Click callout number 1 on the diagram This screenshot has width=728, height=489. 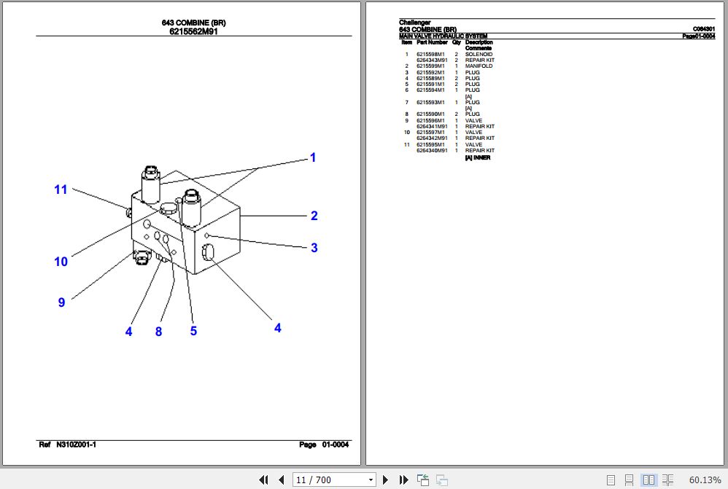tap(313, 157)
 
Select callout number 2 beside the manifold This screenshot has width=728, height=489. tap(314, 215)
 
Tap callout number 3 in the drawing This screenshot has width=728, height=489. tap(314, 248)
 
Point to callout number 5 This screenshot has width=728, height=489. tap(193, 331)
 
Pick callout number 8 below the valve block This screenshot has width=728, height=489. tap(158, 332)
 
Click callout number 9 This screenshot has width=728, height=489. tap(61, 302)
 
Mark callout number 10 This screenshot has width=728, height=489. tap(61, 262)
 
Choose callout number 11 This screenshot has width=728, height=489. tap(61, 189)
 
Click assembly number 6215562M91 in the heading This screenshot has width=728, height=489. tap(193, 31)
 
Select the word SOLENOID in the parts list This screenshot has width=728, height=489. tap(479, 54)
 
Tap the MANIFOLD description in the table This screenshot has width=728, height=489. tap(479, 66)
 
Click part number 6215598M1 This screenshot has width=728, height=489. tap(430, 54)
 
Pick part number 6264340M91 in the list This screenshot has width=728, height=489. tap(432, 150)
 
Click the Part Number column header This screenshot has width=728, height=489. tap(432, 42)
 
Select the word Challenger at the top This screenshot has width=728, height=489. tap(415, 23)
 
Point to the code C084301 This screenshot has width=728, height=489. tap(703, 29)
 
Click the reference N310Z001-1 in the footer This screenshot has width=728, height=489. tap(76, 445)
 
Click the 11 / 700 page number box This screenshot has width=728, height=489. tap(333, 480)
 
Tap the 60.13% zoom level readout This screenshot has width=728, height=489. tap(703, 480)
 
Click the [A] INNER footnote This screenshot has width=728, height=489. tap(478, 157)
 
